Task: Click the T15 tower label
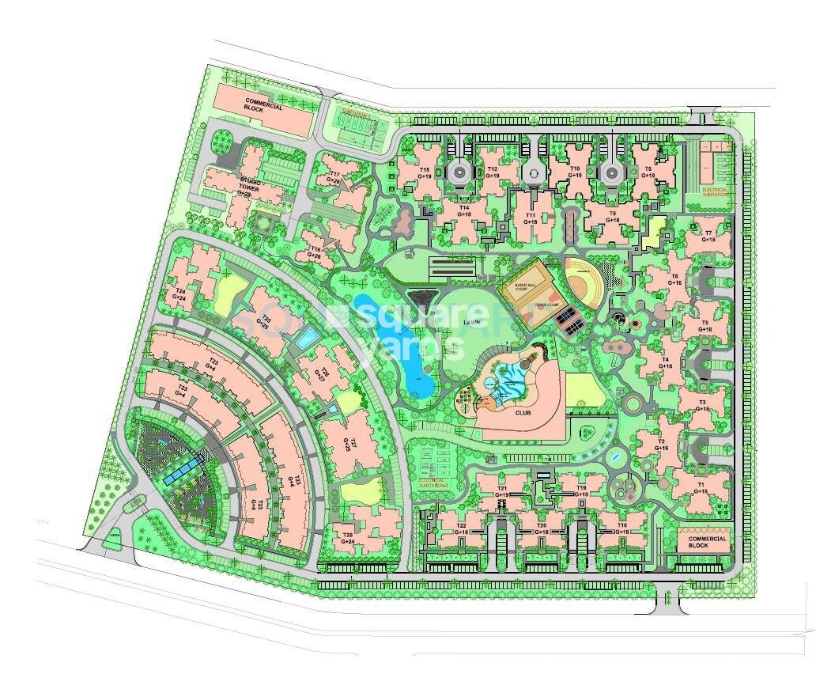point(425,172)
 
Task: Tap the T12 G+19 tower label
point(492,172)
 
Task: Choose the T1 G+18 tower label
point(701,487)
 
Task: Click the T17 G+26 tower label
point(334,178)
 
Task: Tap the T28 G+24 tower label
point(349,539)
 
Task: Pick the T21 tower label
point(503,492)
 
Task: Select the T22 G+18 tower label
point(462,529)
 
